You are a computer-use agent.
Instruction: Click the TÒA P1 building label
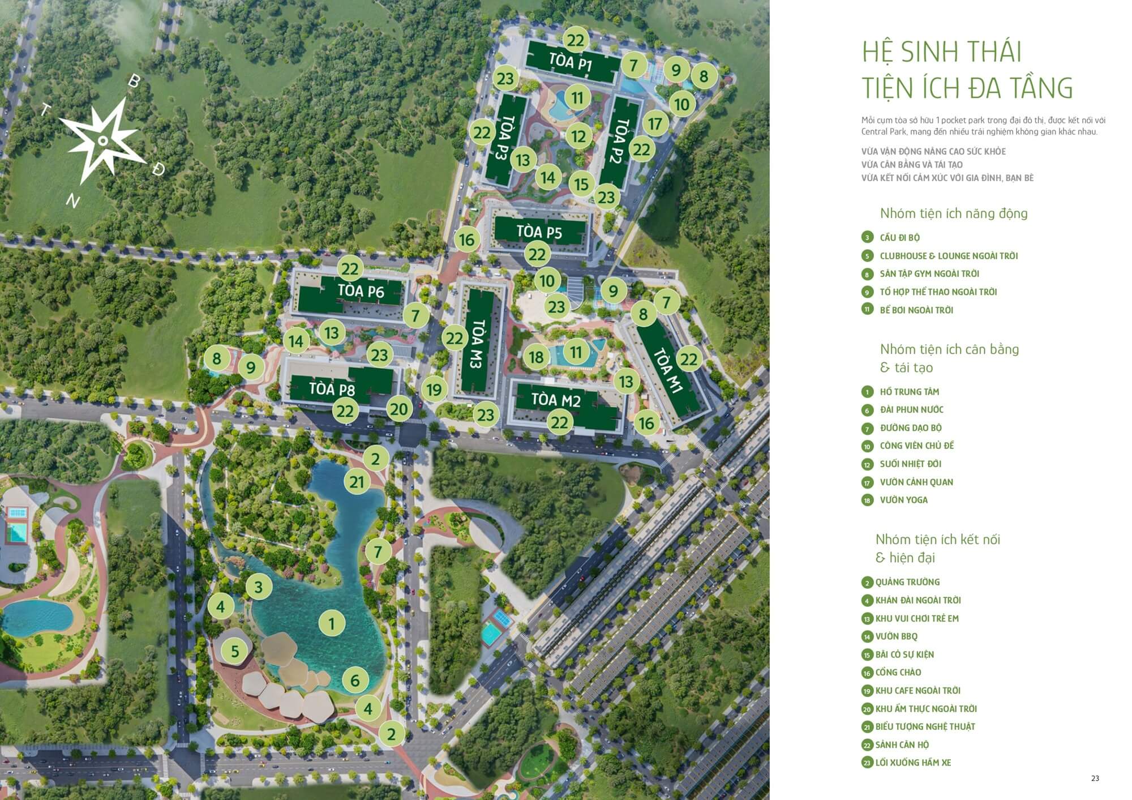pos(570,62)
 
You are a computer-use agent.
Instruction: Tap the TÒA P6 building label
pos(361,292)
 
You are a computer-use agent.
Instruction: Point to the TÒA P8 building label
pos(332,390)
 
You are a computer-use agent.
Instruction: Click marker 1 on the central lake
pos(332,624)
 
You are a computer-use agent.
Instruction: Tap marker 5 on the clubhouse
pos(235,651)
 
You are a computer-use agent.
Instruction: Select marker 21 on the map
pos(357,482)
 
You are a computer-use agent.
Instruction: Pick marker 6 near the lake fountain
pos(355,680)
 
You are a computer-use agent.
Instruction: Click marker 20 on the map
pos(399,409)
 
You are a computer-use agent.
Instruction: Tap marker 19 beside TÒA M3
pos(434,390)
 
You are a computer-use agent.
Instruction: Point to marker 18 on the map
pos(536,357)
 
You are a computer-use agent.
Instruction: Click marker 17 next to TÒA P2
pos(655,124)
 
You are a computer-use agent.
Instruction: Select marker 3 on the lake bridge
pos(259,587)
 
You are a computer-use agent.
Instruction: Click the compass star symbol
pos(102,140)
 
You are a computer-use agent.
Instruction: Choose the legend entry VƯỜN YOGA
pos(903,500)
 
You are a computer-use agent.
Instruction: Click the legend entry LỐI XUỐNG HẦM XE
pos(913,763)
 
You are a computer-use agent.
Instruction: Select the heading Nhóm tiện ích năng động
pos(953,213)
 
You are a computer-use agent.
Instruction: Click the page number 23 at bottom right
pos(1095,778)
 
